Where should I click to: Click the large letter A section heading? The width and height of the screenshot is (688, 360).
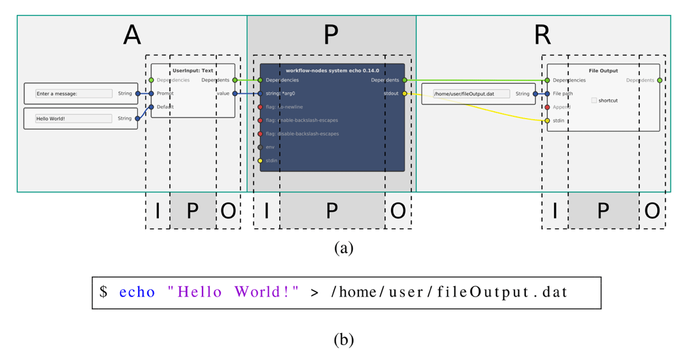pos(132,36)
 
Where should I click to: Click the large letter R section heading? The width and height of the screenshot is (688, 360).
pos(542,36)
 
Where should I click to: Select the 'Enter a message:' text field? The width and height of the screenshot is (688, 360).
pos(74,93)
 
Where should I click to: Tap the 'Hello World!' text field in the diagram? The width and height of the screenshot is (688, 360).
pos(74,119)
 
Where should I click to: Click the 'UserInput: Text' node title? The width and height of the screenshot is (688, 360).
pos(193,71)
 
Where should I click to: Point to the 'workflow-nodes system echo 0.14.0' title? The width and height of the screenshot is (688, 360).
pos(332,71)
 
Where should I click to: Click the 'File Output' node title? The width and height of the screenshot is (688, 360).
pos(603,71)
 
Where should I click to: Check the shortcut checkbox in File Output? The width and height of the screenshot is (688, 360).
pos(594,100)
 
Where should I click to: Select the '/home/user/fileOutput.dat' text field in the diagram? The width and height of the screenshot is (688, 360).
pos(472,93)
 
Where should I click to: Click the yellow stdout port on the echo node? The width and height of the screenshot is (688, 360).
pos(405,93)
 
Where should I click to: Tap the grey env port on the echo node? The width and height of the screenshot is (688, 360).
pos(260,147)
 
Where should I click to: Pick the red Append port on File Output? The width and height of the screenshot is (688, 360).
pos(548,107)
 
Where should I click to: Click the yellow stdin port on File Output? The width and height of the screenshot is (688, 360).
pos(548,120)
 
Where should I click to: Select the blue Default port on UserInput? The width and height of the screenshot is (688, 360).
pos(151,107)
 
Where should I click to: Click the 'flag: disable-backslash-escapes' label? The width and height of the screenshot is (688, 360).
pos(302,134)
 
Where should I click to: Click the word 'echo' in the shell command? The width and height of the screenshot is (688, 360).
pos(137,292)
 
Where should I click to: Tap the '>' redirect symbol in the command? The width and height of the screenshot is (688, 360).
pos(314,292)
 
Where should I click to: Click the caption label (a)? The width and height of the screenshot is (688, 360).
pos(343,248)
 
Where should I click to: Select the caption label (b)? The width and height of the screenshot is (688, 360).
pos(343,340)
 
